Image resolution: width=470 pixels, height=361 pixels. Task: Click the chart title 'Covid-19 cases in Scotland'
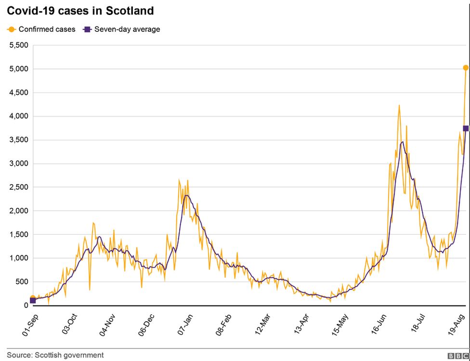80,11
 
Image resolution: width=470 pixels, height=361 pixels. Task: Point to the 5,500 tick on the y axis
19,45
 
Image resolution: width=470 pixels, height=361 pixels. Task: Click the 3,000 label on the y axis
19,163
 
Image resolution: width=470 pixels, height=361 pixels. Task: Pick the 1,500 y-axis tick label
19,234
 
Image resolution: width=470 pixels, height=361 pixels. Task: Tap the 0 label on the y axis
26,305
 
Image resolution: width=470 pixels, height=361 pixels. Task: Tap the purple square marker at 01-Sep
33,300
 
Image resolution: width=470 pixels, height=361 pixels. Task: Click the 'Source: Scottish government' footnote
55,355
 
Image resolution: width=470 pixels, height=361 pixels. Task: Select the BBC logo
458,356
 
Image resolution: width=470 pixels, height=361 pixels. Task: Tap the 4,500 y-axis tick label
19,93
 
